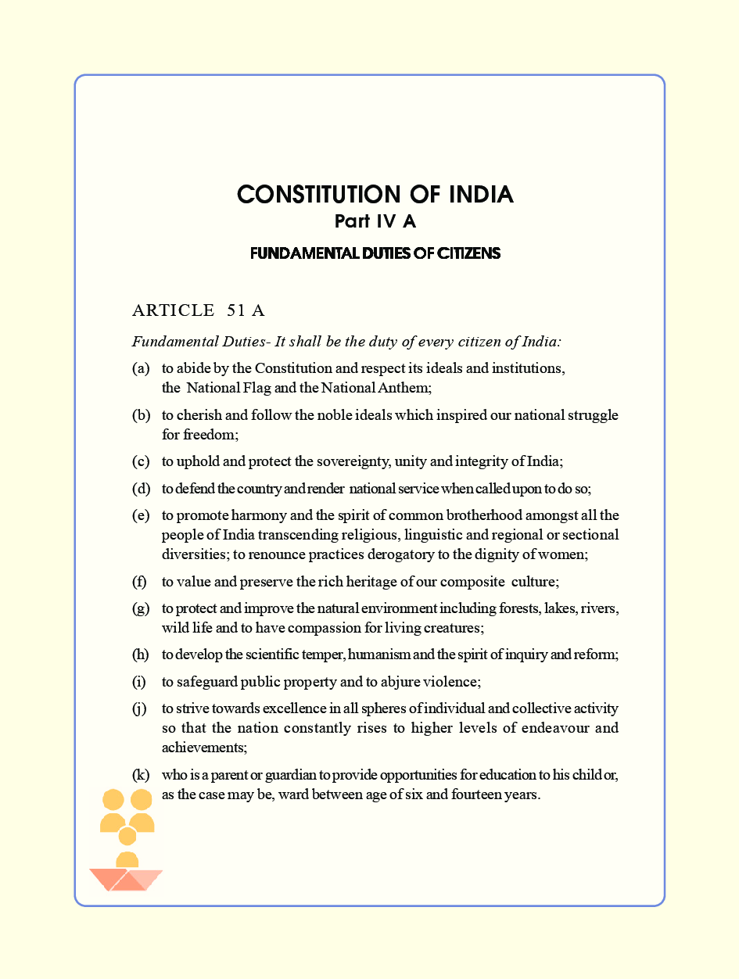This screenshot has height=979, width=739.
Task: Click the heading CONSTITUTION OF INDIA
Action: pyautogui.click(x=375, y=195)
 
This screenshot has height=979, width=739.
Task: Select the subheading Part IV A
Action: pyautogui.click(x=375, y=221)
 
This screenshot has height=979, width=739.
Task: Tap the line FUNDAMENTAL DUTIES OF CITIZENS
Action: pyautogui.click(x=375, y=253)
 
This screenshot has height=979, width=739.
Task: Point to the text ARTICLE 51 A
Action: pyautogui.click(x=199, y=310)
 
